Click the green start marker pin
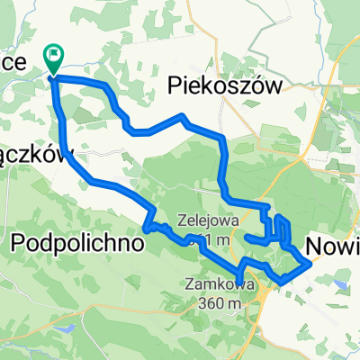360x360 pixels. tap(55, 58)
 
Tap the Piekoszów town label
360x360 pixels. tap(226, 85)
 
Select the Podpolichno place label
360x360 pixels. tap(78, 243)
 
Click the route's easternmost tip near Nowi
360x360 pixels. tap(312, 264)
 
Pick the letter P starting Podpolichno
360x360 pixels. tap(18, 243)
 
